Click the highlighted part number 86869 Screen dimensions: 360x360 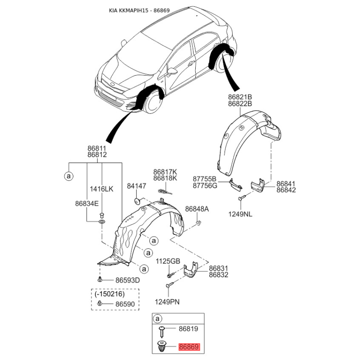tap(189, 346)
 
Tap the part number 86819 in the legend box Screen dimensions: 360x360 tap(188, 329)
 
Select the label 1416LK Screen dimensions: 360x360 tap(102, 189)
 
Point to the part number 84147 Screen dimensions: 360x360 tap(137, 186)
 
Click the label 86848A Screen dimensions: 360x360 tap(197, 209)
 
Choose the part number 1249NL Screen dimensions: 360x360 tap(240, 214)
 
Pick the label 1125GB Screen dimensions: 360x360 tap(168, 261)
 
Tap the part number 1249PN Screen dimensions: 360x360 tap(167, 302)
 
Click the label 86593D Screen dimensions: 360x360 tap(127, 280)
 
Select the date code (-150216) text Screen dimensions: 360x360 tap(110, 294)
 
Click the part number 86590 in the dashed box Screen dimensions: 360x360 tap(125, 304)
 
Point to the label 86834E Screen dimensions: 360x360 tap(87, 203)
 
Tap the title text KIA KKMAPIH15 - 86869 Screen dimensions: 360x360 tap(139, 10)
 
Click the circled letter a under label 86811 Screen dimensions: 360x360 tap(68, 176)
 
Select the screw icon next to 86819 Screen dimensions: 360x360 tap(162, 331)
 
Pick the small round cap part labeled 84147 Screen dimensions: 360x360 tap(137, 202)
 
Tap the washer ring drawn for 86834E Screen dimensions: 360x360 tap(101, 222)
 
